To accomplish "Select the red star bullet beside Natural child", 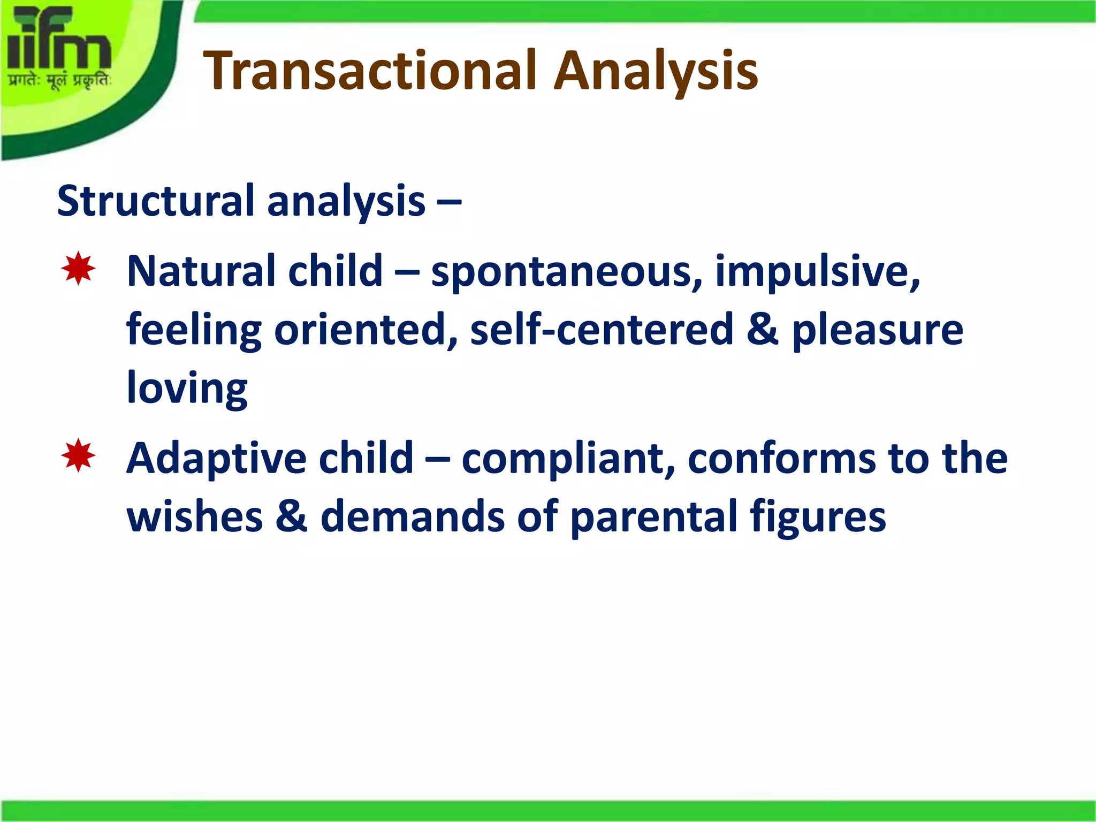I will coord(78,269).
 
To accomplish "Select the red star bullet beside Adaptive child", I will coord(78,455).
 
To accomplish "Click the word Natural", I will coord(201,271).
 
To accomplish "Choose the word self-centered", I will coord(602,330).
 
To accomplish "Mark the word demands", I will coord(412,516).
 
